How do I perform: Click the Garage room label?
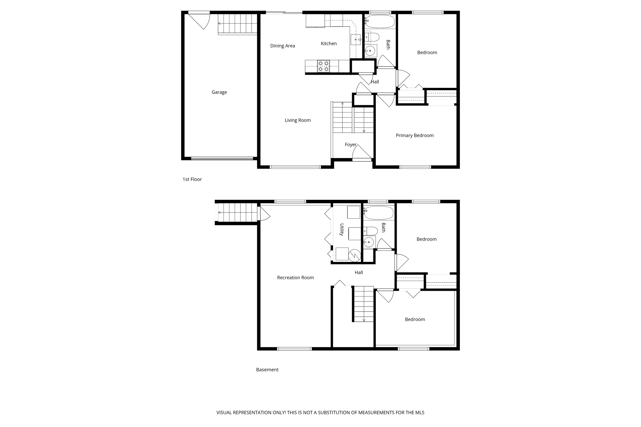[219, 92]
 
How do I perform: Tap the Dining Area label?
[282, 46]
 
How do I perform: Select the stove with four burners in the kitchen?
[323, 66]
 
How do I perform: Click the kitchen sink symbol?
[356, 40]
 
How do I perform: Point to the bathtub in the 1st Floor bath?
[380, 22]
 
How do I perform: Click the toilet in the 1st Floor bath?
[372, 37]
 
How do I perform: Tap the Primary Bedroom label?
[414, 135]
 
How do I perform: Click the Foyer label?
[351, 144]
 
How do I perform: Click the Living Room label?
[297, 120]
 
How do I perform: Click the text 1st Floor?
[192, 179]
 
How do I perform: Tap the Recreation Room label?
[295, 278]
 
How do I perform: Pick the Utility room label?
[342, 229]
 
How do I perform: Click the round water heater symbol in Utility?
[355, 255]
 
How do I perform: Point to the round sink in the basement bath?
[369, 242]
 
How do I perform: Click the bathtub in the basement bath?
[379, 213]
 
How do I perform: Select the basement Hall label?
[359, 273]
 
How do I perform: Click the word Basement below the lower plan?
[267, 370]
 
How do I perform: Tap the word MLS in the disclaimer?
[419, 413]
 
